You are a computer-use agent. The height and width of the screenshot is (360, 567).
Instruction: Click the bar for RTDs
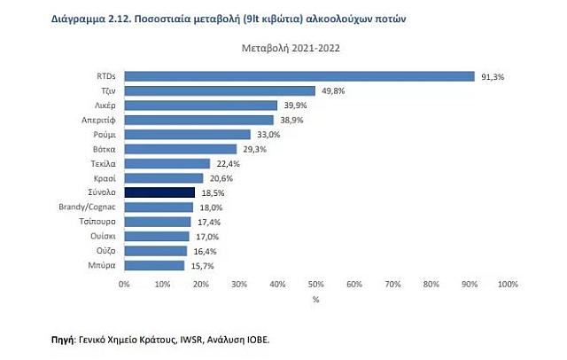coord(299,76)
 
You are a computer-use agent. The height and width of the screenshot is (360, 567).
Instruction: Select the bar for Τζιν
coord(220,90)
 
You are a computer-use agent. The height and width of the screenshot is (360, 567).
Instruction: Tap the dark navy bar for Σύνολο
coord(159,192)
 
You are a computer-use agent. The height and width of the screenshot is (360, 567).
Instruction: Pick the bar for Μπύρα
coord(154,265)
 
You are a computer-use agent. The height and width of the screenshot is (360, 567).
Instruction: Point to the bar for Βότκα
coord(181,149)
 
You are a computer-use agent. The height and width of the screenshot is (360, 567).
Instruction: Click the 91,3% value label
coord(493,76)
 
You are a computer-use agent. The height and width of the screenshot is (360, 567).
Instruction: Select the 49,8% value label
coord(333,90)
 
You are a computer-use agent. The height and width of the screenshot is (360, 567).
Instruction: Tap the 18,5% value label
coord(212,192)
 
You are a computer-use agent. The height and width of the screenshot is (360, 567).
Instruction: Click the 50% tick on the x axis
coord(315,285)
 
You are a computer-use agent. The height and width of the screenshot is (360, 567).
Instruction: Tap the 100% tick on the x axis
coord(508,285)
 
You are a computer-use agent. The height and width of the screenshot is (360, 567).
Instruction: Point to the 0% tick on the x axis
coord(124,285)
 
